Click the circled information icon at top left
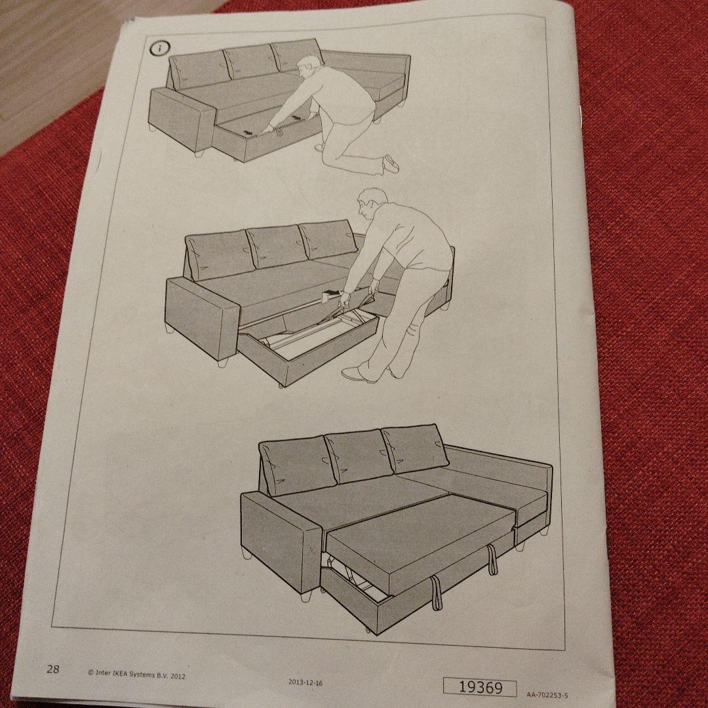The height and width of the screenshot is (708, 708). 161,49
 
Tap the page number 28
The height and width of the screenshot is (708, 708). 53,669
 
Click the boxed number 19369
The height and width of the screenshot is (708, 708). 480,686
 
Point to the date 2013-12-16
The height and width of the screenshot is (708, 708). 305,682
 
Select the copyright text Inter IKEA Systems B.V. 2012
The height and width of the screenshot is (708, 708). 136,674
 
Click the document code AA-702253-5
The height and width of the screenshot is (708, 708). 547,694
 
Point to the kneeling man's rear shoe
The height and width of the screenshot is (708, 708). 391,164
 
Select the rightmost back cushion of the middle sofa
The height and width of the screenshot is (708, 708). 328,239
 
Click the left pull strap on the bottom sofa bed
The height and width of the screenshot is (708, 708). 434,592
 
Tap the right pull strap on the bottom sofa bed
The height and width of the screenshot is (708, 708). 491,560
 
